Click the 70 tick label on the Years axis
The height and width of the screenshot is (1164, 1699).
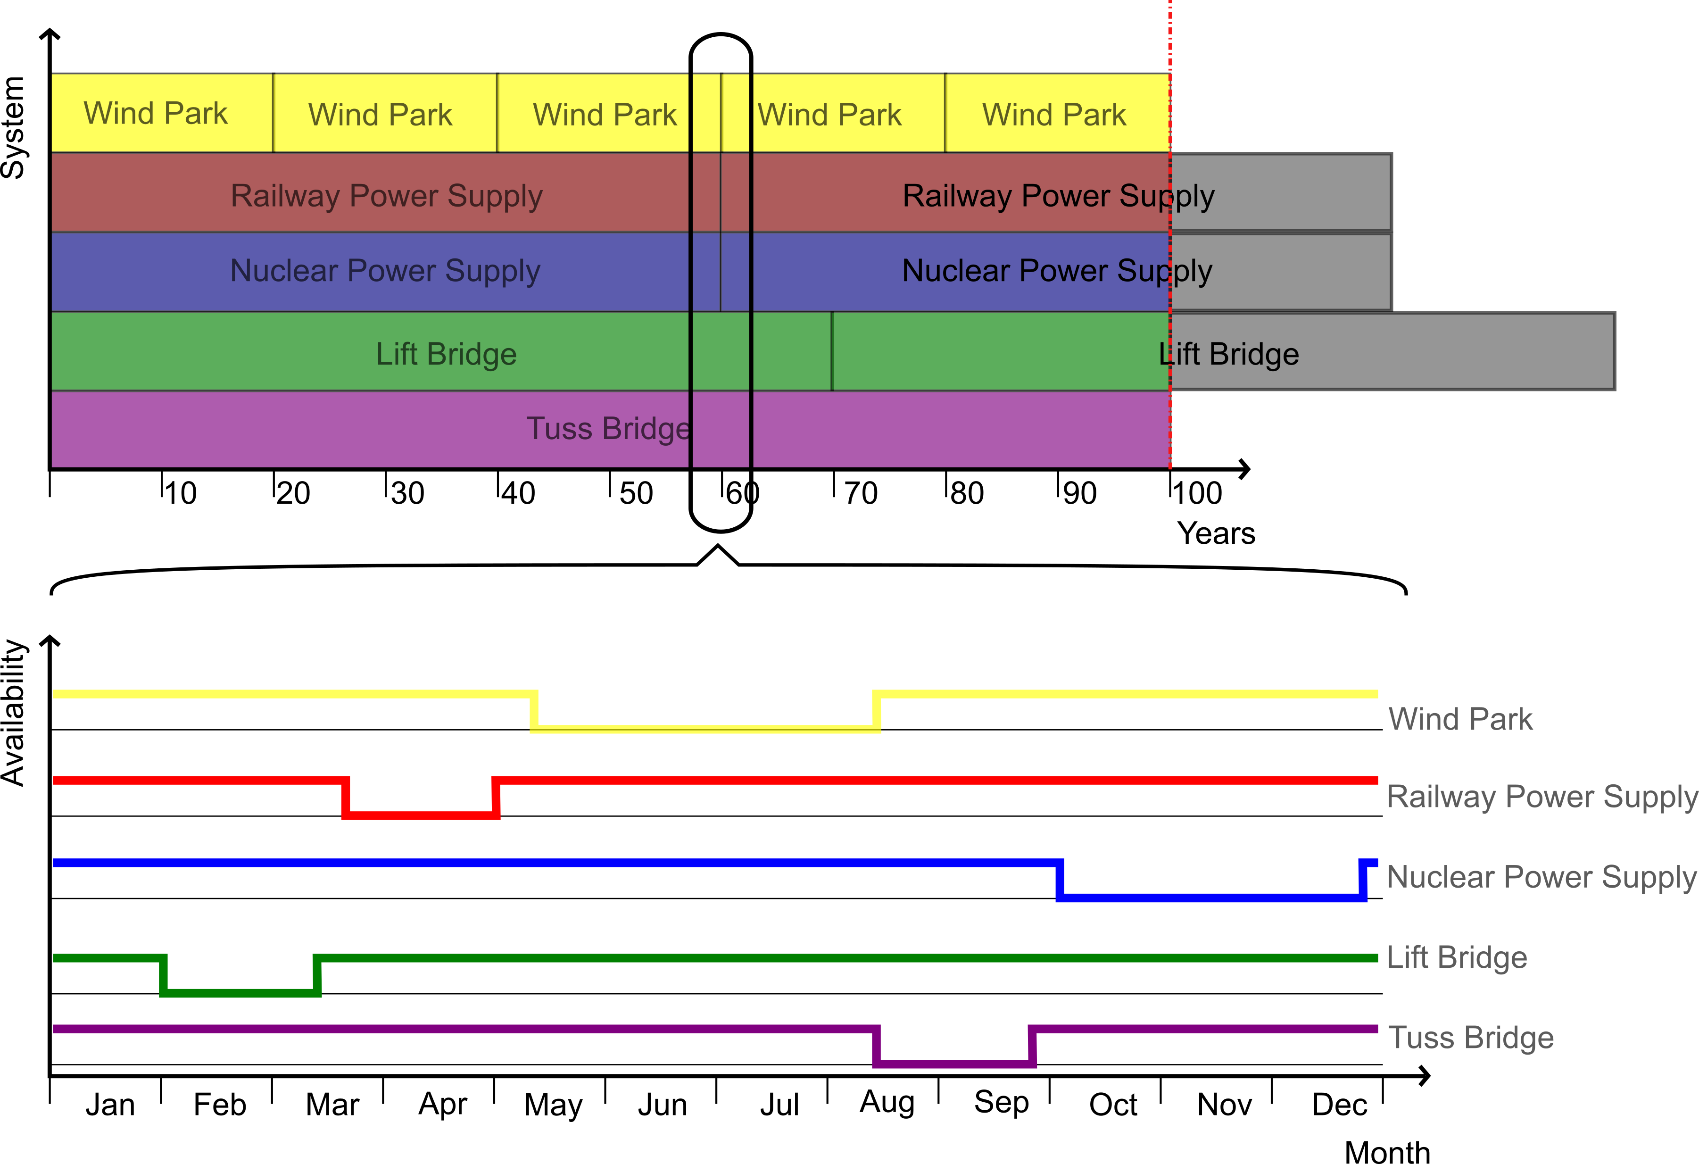pos(861,493)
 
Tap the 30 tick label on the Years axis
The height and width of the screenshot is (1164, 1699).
pos(407,493)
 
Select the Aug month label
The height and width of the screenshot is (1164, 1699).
pos(887,1103)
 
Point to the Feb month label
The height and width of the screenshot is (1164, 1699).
pos(219,1104)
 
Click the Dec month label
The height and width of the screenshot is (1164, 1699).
pos(1339,1104)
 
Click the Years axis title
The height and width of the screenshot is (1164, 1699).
pos(1216,533)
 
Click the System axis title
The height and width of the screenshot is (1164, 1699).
pos(13,128)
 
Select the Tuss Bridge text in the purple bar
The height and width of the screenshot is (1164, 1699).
pos(608,428)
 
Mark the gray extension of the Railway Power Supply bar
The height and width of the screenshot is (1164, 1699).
pos(1281,192)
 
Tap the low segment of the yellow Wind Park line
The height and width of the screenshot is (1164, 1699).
pos(705,728)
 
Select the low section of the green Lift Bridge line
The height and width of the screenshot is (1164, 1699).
pos(240,992)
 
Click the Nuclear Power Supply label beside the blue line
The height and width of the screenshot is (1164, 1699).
pos(1541,877)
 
